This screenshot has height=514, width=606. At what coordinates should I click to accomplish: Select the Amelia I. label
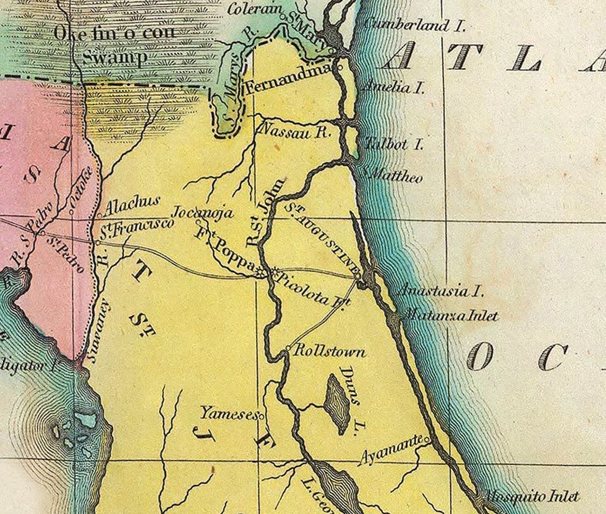(x=393, y=87)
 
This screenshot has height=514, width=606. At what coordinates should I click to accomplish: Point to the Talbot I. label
(x=394, y=144)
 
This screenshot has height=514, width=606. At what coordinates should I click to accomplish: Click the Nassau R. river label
(x=296, y=131)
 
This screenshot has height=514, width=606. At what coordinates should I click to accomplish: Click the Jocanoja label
(x=204, y=212)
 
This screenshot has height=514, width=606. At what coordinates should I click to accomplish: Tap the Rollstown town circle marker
(x=288, y=349)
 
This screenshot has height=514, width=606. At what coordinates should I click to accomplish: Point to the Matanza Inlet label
(x=451, y=316)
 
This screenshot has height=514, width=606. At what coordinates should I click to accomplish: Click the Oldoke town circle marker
(x=71, y=203)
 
